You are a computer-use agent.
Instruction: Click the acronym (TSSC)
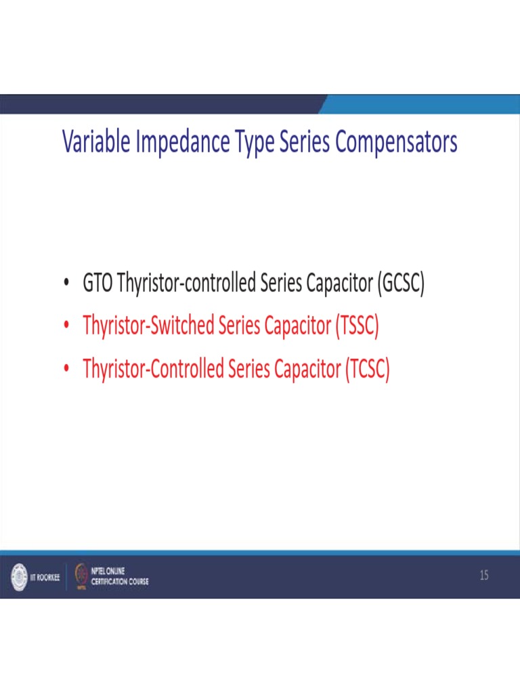(x=356, y=326)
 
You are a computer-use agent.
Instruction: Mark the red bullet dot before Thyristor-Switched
(x=66, y=327)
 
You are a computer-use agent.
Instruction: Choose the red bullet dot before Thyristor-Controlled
(x=66, y=370)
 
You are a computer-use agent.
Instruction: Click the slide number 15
(x=483, y=576)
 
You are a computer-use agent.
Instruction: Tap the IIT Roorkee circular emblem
(x=17, y=577)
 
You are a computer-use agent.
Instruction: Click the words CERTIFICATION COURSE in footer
(x=120, y=582)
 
